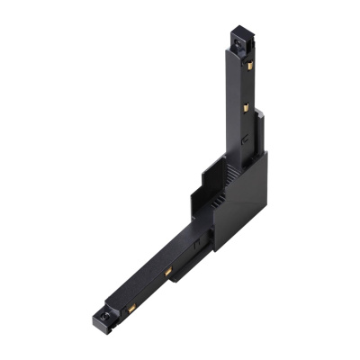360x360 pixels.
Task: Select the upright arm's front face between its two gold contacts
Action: click(235, 86)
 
